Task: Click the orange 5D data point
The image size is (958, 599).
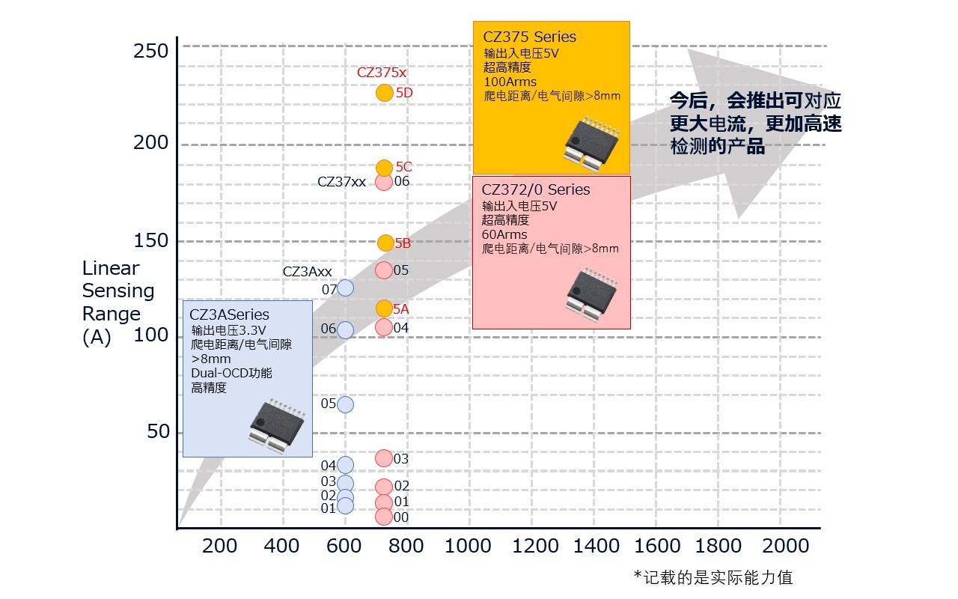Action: coord(384,93)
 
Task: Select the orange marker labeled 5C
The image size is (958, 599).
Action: coord(384,168)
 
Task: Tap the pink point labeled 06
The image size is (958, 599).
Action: coord(384,181)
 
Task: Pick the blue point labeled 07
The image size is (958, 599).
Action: coord(345,288)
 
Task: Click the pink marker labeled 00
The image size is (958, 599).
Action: coord(383,517)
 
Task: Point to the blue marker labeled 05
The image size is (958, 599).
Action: coord(345,404)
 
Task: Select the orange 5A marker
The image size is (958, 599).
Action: coord(384,308)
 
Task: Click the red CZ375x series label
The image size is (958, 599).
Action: coord(382,73)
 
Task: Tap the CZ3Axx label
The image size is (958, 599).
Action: coord(307,272)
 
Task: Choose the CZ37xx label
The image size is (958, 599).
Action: coord(341,182)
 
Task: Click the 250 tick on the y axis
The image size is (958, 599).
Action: coord(150,52)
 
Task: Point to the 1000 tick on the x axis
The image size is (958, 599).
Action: coord(469,546)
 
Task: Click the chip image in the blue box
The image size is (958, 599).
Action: coord(276,425)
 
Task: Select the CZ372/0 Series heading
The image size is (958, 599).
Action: coord(536,190)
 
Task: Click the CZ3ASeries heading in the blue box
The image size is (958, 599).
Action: coord(229,314)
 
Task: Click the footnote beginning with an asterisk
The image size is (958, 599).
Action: coord(713,577)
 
